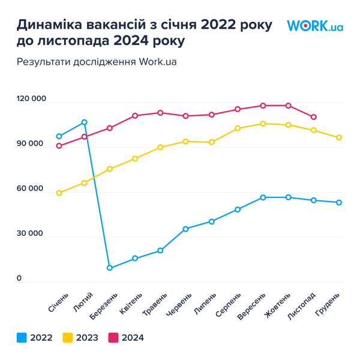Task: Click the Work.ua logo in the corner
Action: (x=314, y=26)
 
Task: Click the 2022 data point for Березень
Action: (x=110, y=268)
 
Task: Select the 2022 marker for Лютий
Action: (x=85, y=122)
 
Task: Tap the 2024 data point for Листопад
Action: (x=314, y=117)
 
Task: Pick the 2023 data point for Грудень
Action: (x=339, y=137)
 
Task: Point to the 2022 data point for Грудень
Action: (x=339, y=202)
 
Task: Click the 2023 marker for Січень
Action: (x=59, y=193)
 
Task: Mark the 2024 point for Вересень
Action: (x=263, y=106)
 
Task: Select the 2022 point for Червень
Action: (x=186, y=229)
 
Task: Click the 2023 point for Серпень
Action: (x=238, y=128)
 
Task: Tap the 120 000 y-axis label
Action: (x=31, y=99)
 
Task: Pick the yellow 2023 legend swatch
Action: (x=68, y=338)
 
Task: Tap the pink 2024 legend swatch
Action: (x=113, y=338)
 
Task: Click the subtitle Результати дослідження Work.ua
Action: (x=98, y=62)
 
